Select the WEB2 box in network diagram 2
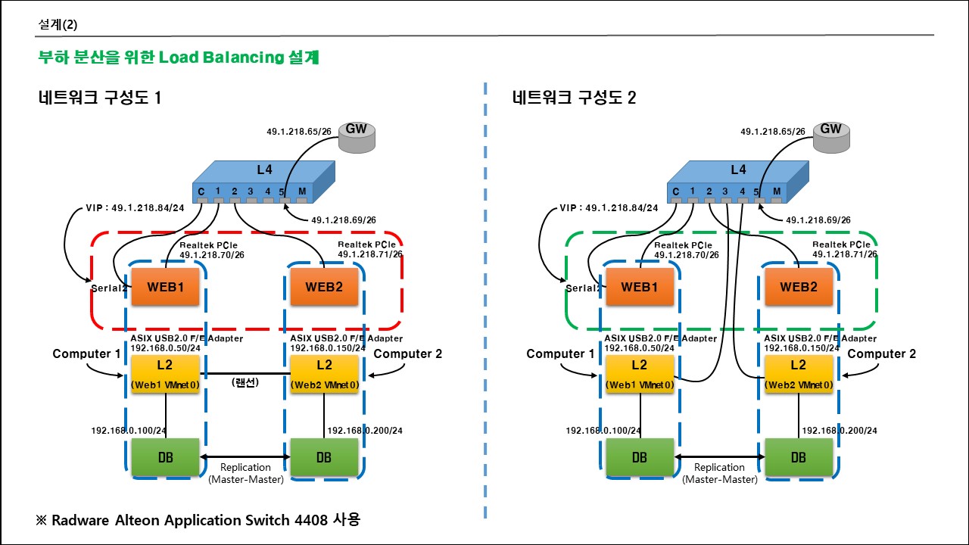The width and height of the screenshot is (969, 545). (799, 288)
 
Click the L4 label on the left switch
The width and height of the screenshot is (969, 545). (263, 170)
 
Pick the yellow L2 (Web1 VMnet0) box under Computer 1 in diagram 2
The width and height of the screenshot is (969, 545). (640, 374)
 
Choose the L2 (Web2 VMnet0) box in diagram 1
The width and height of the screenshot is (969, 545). (324, 374)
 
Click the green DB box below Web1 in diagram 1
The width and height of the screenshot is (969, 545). (166, 457)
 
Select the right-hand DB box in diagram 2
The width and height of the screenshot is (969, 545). (799, 457)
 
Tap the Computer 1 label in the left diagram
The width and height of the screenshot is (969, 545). (86, 353)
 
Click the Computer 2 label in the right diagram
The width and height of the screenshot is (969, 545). (881, 353)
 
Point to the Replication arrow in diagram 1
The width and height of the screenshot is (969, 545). (245, 457)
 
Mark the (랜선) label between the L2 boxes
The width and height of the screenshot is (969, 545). (245, 383)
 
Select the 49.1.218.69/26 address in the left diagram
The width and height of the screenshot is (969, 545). (344, 220)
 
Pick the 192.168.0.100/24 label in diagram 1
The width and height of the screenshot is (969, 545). (129, 431)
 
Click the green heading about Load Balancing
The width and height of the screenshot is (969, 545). (178, 57)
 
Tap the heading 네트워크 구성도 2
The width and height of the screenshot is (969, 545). (574, 98)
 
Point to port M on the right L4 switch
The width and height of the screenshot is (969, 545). (776, 192)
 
